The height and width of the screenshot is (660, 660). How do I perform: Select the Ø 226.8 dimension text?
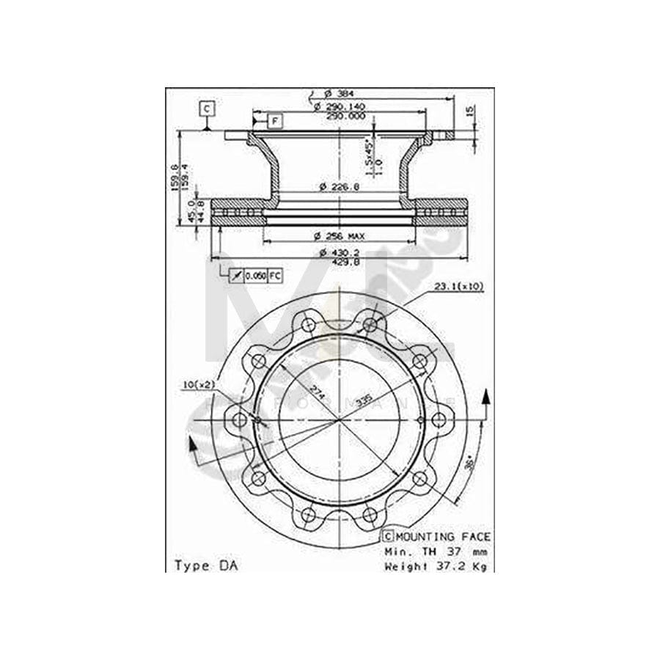(339, 187)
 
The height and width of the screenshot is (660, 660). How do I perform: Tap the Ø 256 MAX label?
(339, 236)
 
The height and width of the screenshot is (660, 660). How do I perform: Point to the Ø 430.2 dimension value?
(339, 252)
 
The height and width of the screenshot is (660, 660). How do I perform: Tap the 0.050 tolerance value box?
(254, 276)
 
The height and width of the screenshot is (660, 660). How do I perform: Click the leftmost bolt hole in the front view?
(239, 419)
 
